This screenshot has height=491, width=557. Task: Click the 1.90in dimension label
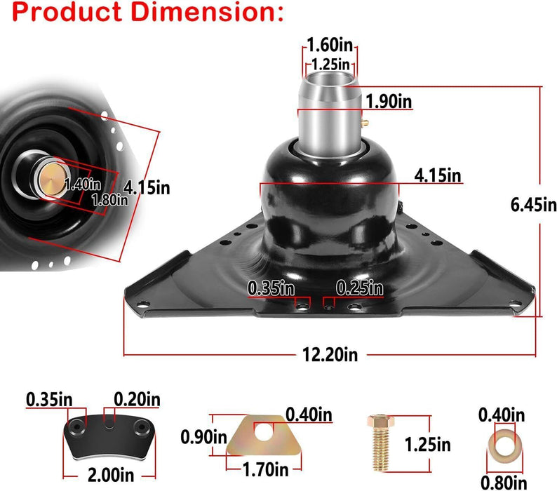pos(388,102)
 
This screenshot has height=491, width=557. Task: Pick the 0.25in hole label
pos(359,288)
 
